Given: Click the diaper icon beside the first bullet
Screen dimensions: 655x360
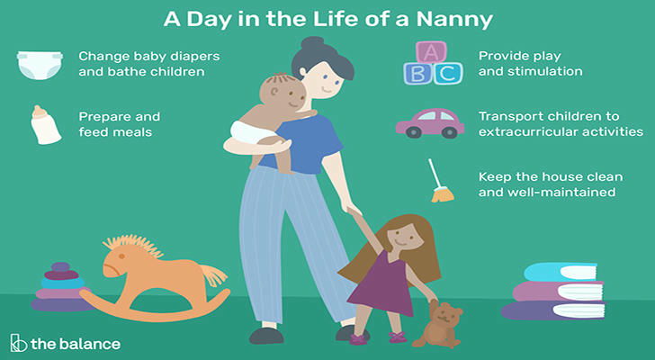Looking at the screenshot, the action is tap(40, 65).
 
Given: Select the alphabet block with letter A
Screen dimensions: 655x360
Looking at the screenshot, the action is tap(431, 52).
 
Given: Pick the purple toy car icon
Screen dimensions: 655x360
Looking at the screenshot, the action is tap(430, 123).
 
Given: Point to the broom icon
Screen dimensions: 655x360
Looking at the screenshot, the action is tap(440, 181).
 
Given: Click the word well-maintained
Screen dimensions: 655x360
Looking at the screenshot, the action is tap(561, 192).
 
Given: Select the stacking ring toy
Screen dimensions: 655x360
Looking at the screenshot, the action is tap(61, 287).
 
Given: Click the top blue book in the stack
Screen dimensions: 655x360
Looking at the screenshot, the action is tap(561, 272).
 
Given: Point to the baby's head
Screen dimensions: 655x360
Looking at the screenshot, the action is tap(283, 92).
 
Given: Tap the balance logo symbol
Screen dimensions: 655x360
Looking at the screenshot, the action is tap(18, 343).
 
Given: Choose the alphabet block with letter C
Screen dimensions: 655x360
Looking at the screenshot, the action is tap(448, 74).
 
